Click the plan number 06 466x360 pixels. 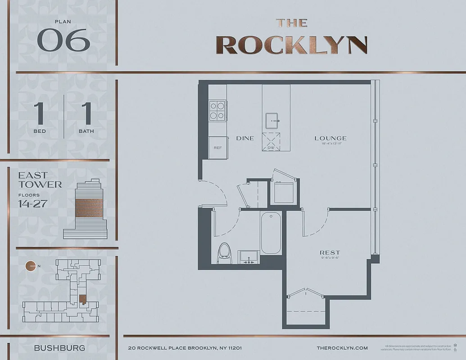[x=63, y=40]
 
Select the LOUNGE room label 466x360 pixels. [x=330, y=139]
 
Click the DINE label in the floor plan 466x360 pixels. [x=245, y=139]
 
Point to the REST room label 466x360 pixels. [x=330, y=253]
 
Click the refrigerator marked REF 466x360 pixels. [x=217, y=147]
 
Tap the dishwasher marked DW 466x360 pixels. [x=271, y=143]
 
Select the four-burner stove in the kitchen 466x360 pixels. [x=217, y=110]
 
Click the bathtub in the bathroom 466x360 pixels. [x=271, y=233]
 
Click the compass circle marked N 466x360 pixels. [x=31, y=266]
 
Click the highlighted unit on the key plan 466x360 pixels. [x=82, y=298]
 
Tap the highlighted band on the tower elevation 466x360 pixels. [x=89, y=207]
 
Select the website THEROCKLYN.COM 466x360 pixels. [x=342, y=348]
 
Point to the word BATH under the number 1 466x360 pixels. [x=86, y=131]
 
